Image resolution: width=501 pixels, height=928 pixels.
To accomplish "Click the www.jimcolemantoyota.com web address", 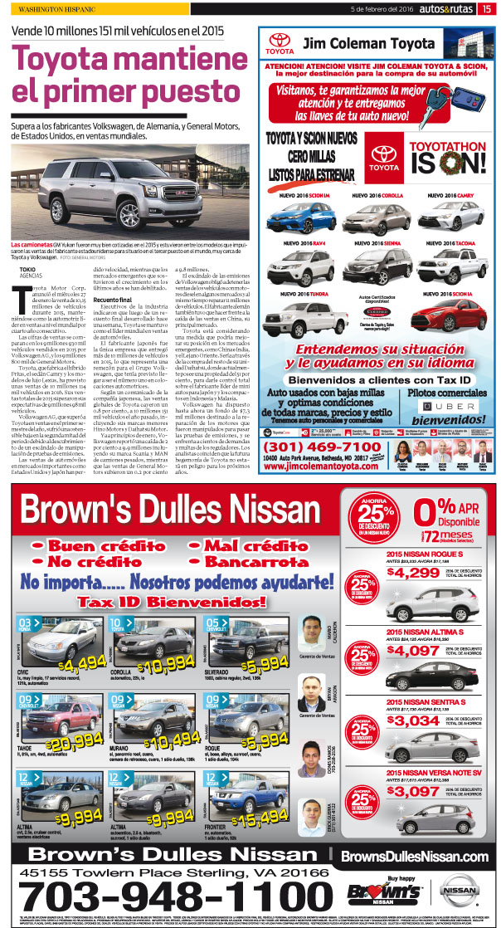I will [x=322, y=466].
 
